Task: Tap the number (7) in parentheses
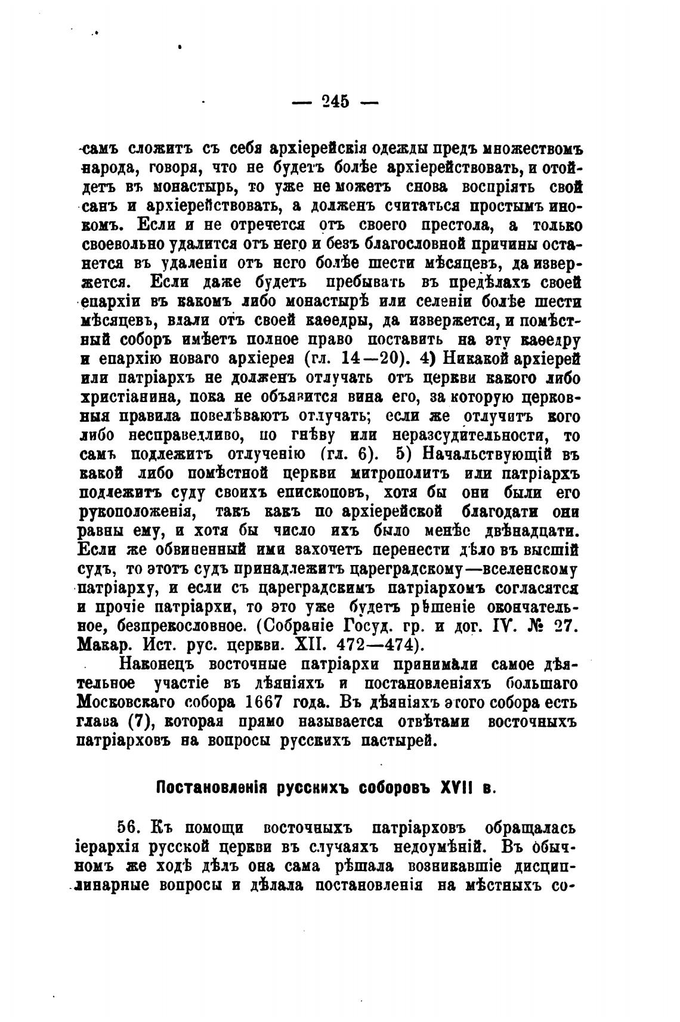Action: coord(138,721)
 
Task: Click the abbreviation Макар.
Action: coord(101,646)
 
